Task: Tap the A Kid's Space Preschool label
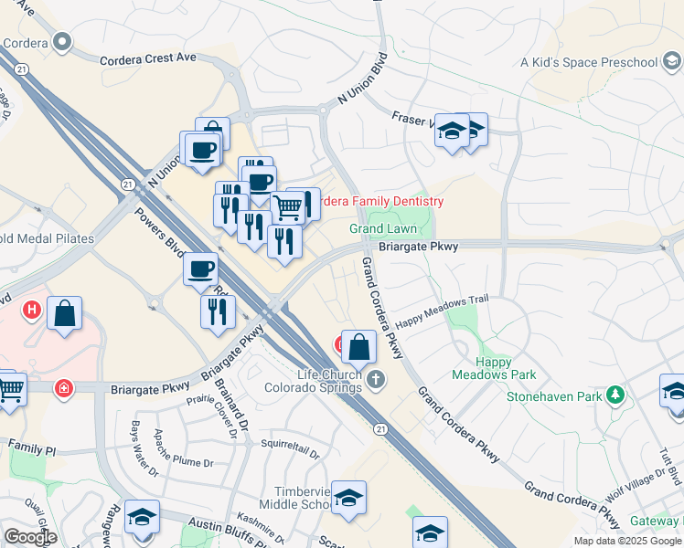pyautogui.click(x=589, y=62)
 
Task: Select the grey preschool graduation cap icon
pyautogui.click(x=671, y=61)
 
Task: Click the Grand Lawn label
pyautogui.click(x=382, y=228)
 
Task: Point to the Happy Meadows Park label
pyautogui.click(x=494, y=368)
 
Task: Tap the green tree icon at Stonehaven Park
pyautogui.click(x=616, y=395)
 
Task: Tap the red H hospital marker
pyautogui.click(x=33, y=311)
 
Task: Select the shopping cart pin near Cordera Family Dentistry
pyautogui.click(x=289, y=207)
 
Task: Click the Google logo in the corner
pyautogui.click(x=31, y=537)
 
